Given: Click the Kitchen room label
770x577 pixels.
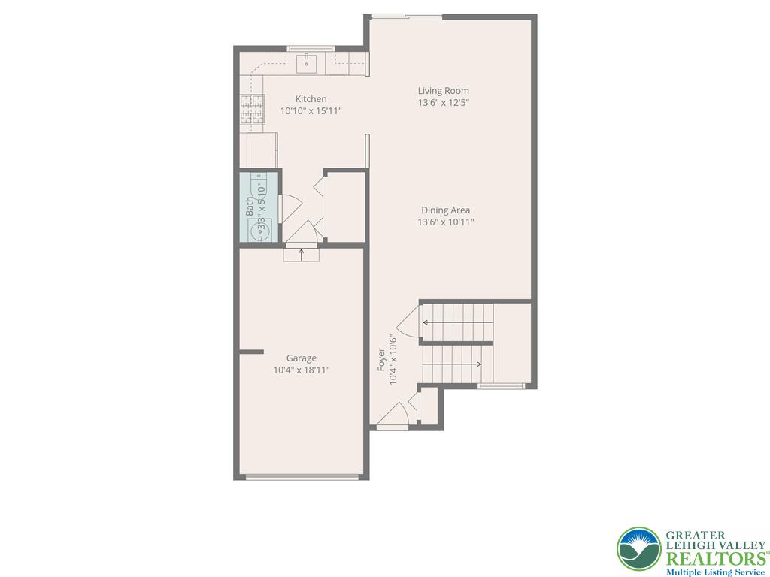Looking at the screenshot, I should [311, 99].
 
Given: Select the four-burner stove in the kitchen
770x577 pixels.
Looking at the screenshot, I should [253, 110].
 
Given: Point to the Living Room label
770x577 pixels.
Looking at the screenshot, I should [444, 91].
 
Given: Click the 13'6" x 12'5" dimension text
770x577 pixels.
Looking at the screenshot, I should [444, 103].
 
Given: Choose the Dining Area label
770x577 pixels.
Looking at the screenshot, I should [445, 210].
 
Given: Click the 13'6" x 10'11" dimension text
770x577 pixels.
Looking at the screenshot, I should [445, 222].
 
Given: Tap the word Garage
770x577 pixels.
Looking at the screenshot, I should [301, 358].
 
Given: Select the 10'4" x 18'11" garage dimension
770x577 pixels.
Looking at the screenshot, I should [301, 370].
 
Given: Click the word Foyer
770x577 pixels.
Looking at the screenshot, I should [381, 360].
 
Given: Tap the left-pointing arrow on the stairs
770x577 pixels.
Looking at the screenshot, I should [426, 323].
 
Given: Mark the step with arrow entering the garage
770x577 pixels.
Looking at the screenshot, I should [302, 255].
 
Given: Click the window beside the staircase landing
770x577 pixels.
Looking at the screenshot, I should [501, 386].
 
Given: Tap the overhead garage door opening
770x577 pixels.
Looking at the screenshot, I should [302, 476].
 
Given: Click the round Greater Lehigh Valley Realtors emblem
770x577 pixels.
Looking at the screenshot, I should [638, 548].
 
